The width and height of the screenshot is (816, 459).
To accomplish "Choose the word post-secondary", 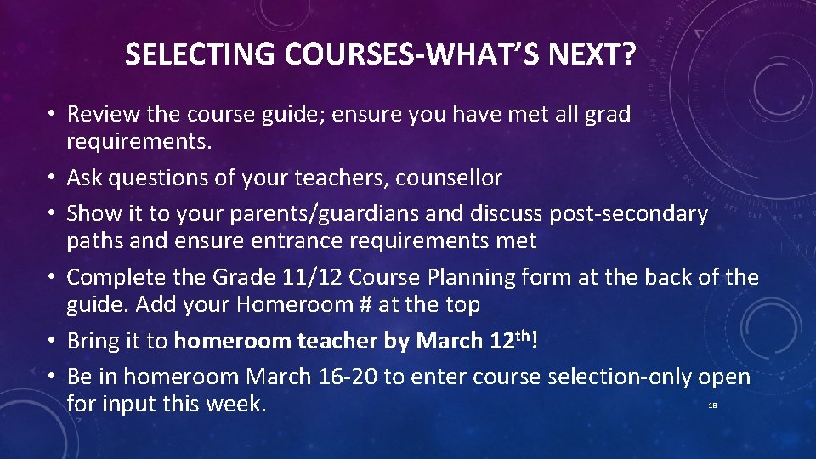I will (628, 213).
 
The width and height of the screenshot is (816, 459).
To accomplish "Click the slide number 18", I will (712, 406).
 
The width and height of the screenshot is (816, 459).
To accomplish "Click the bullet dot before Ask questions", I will (53, 178).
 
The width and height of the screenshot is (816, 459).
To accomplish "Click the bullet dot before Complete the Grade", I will (53, 278).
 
